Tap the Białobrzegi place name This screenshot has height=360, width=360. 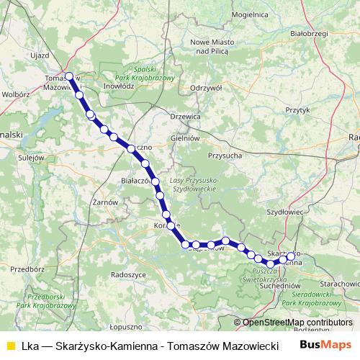307,32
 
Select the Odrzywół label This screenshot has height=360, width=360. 203,87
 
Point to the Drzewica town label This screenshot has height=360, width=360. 184,115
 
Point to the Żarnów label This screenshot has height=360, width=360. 105,202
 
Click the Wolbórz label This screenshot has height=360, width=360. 16,94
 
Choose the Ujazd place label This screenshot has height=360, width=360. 39,55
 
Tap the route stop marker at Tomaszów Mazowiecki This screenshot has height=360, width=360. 69,76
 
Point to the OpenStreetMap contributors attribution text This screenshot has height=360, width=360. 297,323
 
